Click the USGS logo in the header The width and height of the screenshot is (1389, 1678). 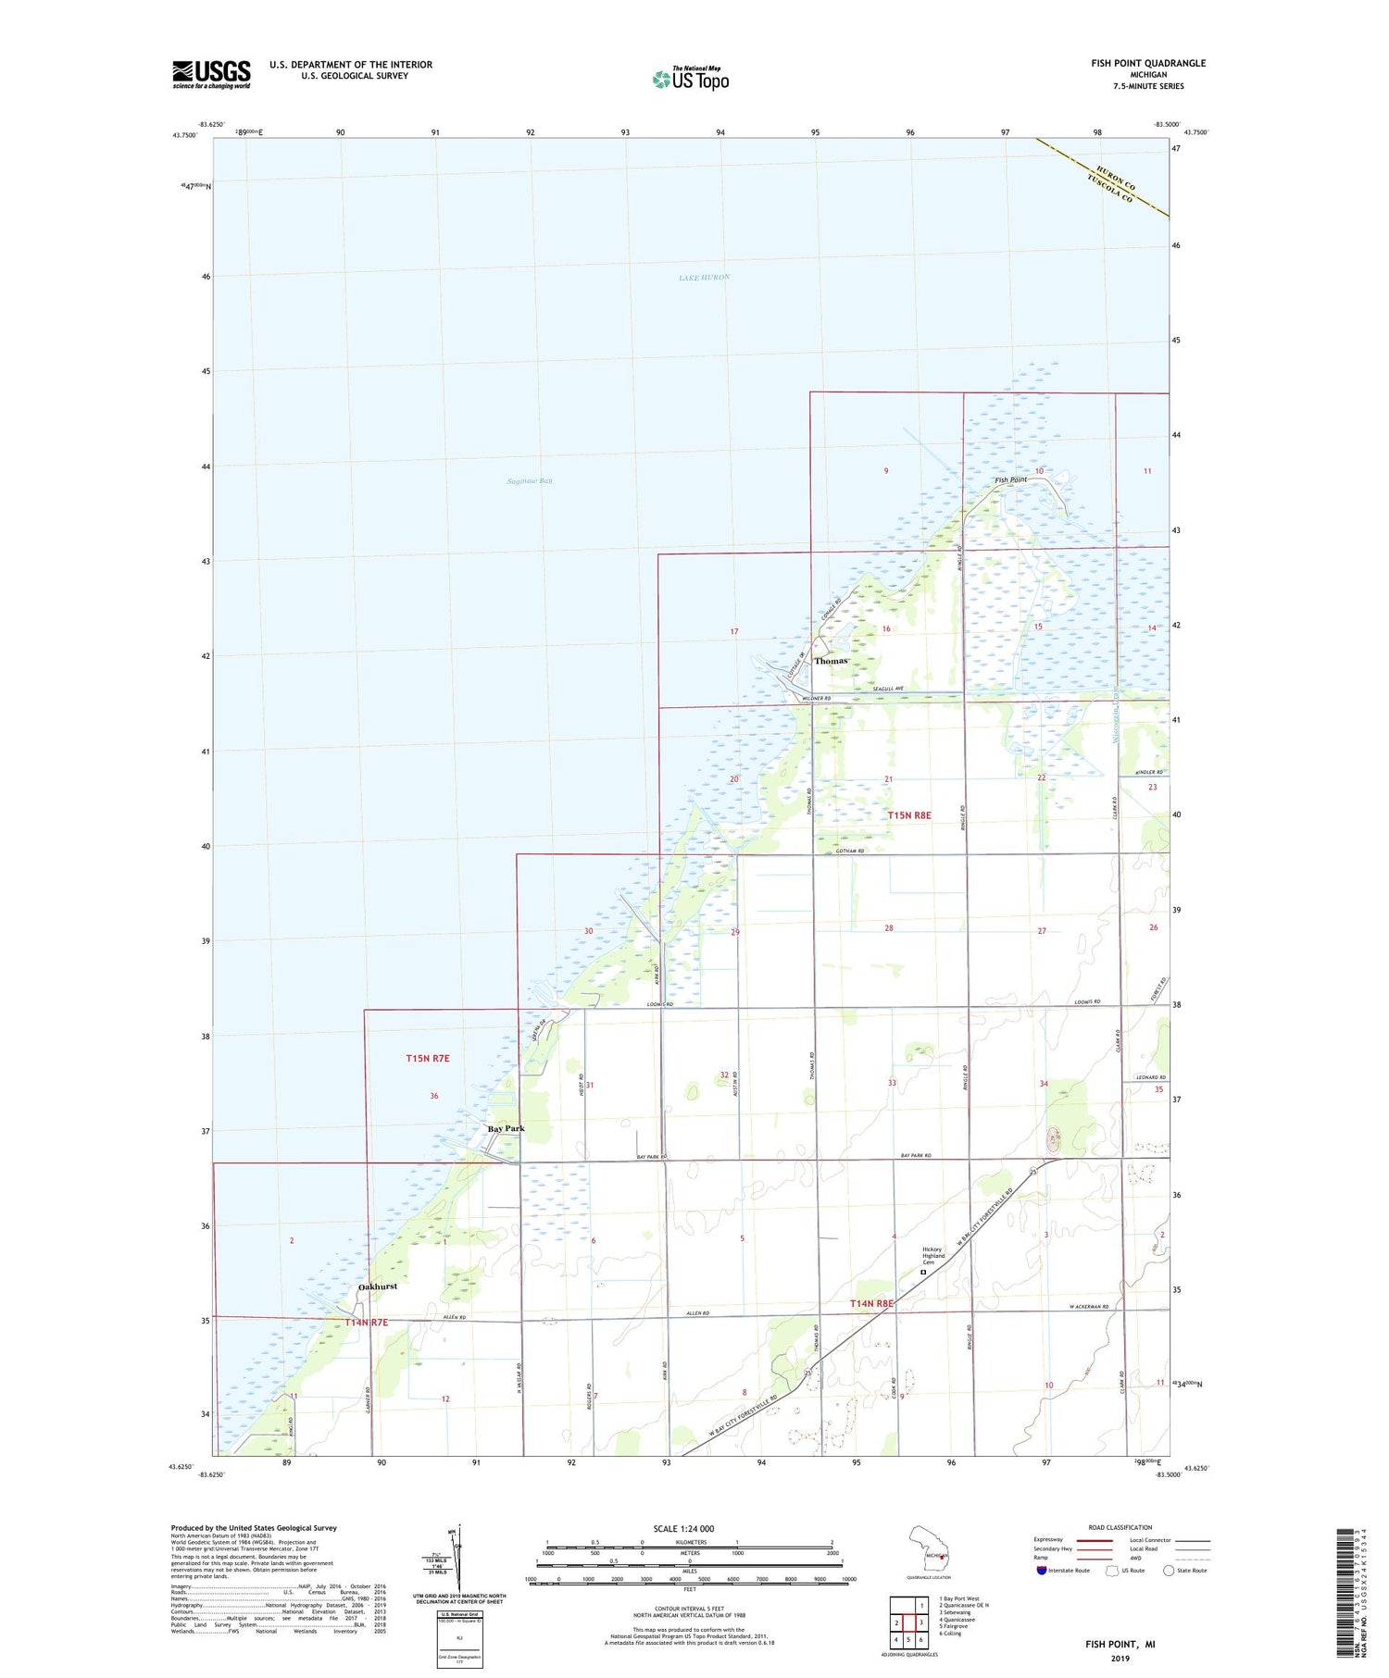(x=211, y=74)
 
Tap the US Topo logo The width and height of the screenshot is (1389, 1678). (x=691, y=79)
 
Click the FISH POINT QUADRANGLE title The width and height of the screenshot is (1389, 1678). (x=1147, y=63)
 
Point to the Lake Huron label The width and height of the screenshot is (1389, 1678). (x=704, y=278)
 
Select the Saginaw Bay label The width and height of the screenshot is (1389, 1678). (x=530, y=481)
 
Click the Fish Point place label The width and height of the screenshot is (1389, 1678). (x=1010, y=480)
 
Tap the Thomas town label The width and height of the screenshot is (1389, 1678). (x=831, y=661)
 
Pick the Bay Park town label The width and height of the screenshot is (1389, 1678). (x=506, y=1128)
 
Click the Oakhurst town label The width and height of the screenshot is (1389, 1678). (x=377, y=1286)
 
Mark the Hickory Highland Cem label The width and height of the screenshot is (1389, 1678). (x=932, y=1255)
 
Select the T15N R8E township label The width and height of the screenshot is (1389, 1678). (x=909, y=815)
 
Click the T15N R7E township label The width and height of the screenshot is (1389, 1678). (x=428, y=1058)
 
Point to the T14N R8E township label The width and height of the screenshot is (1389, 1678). (x=872, y=1303)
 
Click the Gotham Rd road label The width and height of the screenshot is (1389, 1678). (x=849, y=851)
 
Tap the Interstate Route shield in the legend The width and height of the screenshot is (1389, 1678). (x=1041, y=1570)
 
